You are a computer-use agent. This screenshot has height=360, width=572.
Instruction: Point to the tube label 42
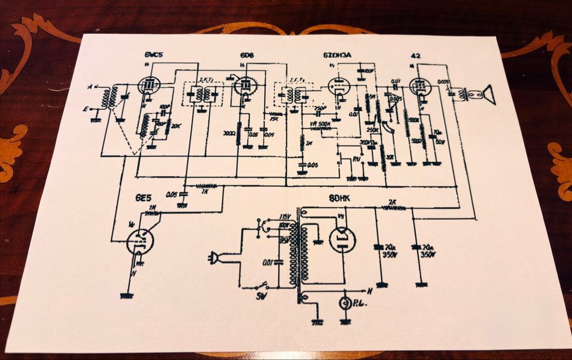pyautogui.click(x=415, y=55)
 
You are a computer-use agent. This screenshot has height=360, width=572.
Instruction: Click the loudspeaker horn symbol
pyautogui.click(x=488, y=95)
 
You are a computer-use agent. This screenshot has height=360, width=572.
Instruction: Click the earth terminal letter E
pyautogui.click(x=85, y=109)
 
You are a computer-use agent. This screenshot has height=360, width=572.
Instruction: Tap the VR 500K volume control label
pyautogui.click(x=321, y=123)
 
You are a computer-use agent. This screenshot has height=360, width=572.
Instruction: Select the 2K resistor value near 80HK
pyautogui.click(x=392, y=202)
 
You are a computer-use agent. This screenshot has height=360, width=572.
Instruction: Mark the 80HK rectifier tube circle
pyautogui.click(x=343, y=239)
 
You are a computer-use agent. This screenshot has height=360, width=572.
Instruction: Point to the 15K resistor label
pyautogui.click(x=274, y=119)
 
